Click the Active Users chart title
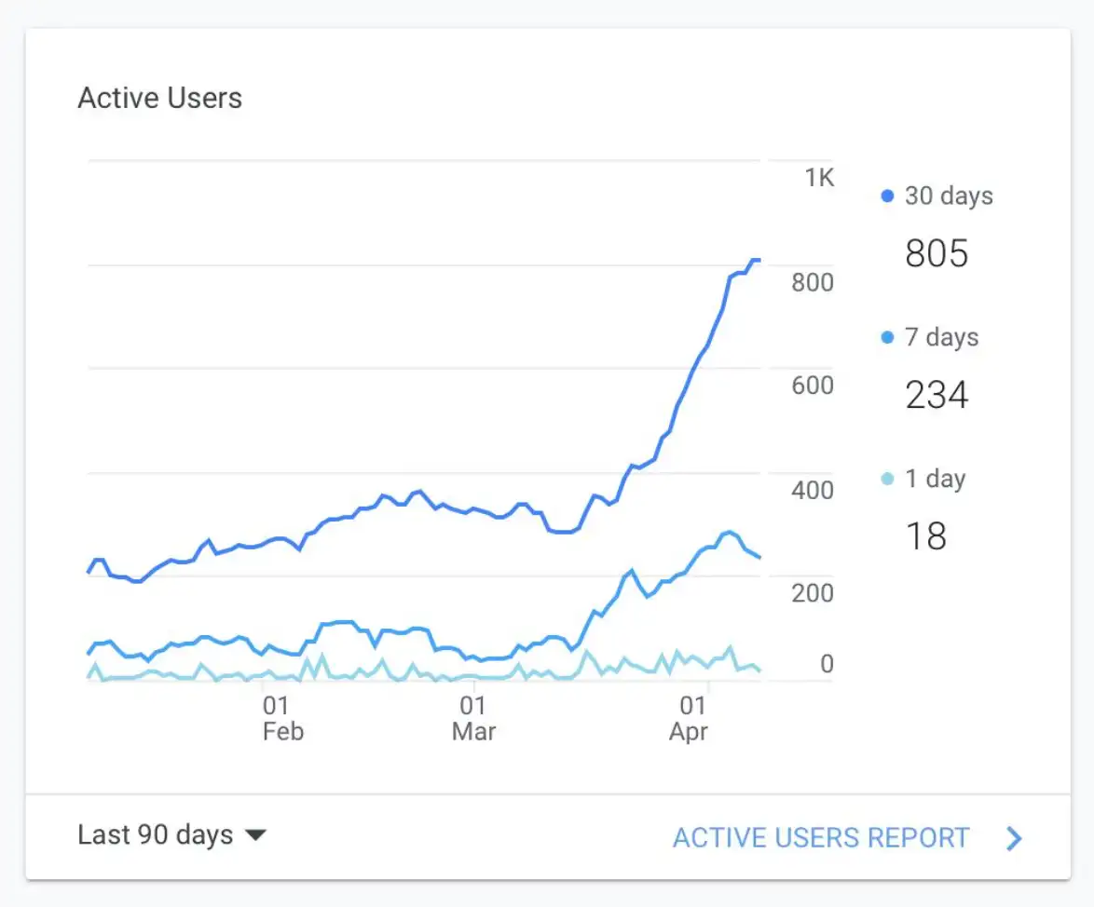tap(159, 99)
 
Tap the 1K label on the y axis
tap(820, 177)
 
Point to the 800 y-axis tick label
tap(812, 282)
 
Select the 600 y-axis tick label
tap(812, 386)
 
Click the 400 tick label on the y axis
tap(812, 490)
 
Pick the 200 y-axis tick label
tap(812, 593)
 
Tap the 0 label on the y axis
tap(827, 664)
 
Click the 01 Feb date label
tap(280, 718)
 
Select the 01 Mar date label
tap(473, 718)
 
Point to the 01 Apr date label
tap(689, 718)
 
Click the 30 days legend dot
tap(887, 196)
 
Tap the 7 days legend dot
tap(887, 338)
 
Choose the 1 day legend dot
tap(887, 480)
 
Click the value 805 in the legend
tap(937, 253)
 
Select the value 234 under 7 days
tap(937, 395)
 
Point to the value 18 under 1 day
tap(925, 536)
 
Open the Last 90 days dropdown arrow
tap(255, 835)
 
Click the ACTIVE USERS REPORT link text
tap(821, 837)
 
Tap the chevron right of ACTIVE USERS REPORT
tap(1015, 838)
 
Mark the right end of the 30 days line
tap(759, 260)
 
